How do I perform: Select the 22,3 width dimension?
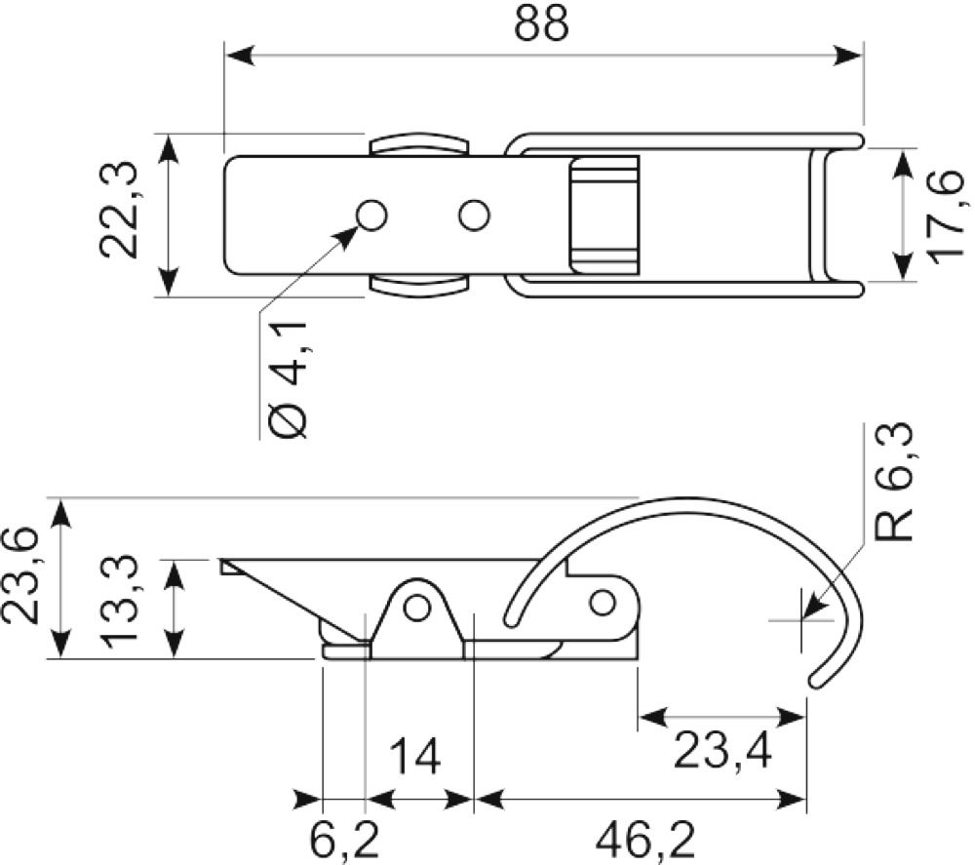[x=119, y=210]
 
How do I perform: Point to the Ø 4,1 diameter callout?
[x=290, y=380]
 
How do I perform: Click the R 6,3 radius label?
[x=894, y=482]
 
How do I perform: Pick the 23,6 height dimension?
[x=19, y=574]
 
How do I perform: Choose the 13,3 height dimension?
[x=119, y=601]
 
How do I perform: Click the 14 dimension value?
[x=414, y=756]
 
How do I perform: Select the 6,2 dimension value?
[x=344, y=841]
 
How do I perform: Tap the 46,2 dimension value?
[x=644, y=841]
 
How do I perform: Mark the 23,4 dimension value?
[x=721, y=751]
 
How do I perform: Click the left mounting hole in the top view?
[x=371, y=216]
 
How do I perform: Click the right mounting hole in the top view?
[x=474, y=216]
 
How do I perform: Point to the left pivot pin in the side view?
[x=416, y=607]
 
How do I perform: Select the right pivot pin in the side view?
[x=602, y=603]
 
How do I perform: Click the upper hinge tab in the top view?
[x=418, y=144]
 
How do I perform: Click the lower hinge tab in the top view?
[x=418, y=285]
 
